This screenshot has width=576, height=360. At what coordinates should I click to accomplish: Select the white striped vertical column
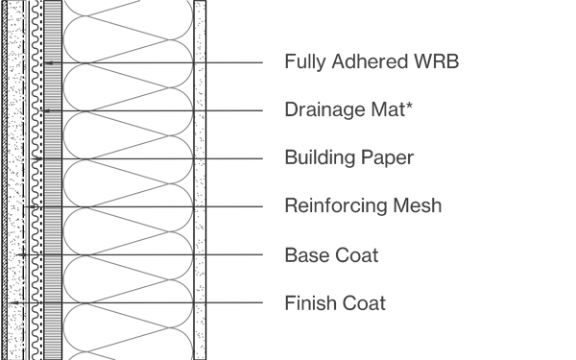53,180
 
